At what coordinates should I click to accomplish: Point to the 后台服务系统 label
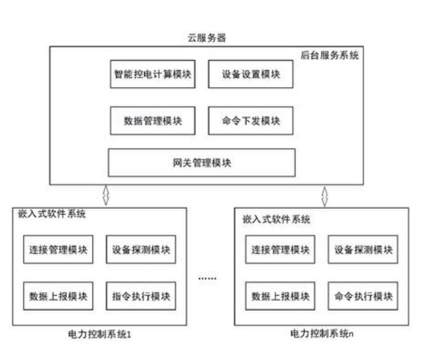tap(330, 55)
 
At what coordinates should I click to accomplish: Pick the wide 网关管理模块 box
tap(201, 163)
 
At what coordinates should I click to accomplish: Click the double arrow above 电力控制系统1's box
tap(105, 196)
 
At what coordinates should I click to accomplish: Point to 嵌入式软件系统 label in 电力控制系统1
tap(52, 215)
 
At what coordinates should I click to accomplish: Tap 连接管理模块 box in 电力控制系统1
tap(59, 250)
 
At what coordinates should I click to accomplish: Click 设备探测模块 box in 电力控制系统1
tap(141, 250)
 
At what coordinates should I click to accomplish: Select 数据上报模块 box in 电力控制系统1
tap(59, 295)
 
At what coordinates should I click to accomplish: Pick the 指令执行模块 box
tap(141, 295)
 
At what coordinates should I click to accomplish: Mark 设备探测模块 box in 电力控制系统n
tap(363, 250)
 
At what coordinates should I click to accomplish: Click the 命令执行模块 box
tap(363, 296)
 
